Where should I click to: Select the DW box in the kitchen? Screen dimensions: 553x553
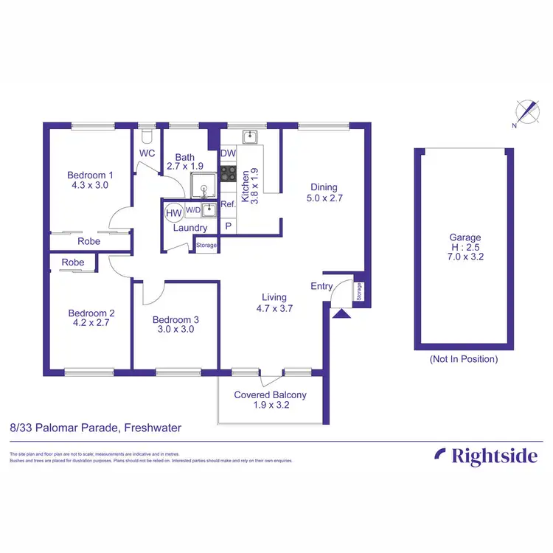point(228,153)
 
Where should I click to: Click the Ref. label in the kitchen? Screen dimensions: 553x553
point(229,204)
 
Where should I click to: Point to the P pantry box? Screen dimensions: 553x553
point(229,226)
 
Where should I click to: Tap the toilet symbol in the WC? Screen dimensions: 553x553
point(147,136)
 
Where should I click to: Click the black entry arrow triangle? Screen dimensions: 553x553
point(341,313)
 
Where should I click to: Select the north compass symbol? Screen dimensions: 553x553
point(527,112)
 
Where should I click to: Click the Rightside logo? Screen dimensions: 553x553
point(486,456)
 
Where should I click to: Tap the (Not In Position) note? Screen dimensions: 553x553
point(464,359)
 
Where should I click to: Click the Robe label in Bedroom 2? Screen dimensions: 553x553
point(73,262)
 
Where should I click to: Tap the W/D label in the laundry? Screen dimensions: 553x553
point(192,209)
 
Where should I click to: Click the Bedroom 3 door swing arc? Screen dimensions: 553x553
point(149,293)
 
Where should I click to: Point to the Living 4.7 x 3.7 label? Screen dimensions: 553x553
point(275,303)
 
